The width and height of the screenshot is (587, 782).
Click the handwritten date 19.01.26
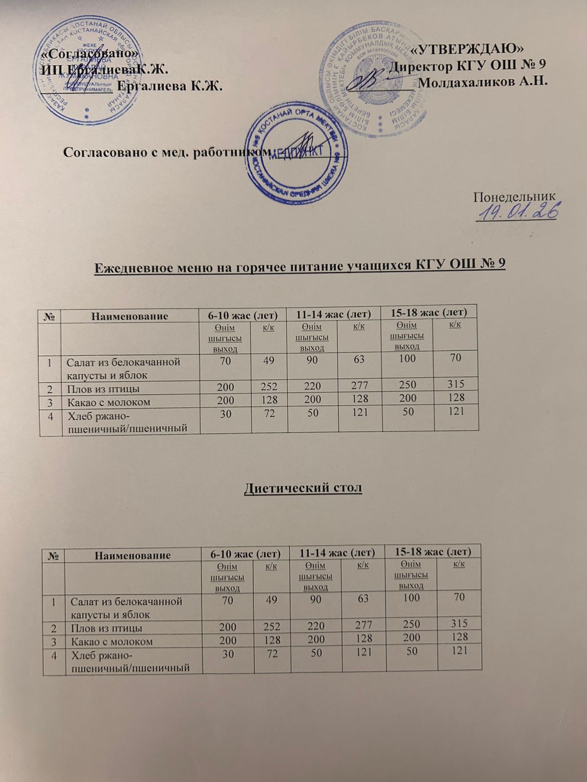[x=519, y=213]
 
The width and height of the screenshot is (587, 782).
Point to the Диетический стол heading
[x=303, y=488]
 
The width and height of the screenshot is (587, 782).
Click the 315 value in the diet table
[x=458, y=623]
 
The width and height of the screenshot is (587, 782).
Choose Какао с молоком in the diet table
[x=112, y=641]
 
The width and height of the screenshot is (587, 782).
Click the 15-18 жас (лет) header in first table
[x=430, y=311]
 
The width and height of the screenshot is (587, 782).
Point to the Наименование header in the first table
[x=130, y=316]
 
